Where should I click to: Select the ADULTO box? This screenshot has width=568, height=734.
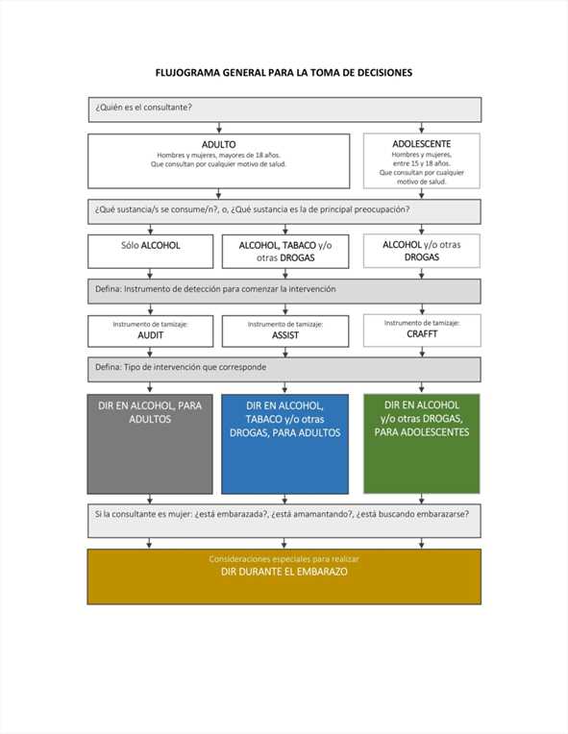(219, 161)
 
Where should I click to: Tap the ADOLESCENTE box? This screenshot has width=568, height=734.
(421, 160)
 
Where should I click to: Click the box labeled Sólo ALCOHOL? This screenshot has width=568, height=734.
(150, 252)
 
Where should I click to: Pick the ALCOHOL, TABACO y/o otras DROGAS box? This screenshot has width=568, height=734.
(285, 252)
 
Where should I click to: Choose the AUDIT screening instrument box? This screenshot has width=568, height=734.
(150, 330)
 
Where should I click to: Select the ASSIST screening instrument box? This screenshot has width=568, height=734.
(285, 330)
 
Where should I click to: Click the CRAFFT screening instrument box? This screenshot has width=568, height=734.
(422, 330)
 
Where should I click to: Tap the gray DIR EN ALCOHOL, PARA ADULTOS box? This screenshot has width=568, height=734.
(150, 444)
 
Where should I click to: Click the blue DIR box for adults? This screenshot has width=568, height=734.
(284, 444)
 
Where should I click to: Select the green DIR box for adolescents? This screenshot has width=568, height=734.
(421, 443)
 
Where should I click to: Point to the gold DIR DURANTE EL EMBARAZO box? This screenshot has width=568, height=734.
(284, 576)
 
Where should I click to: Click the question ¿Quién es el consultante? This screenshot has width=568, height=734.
(144, 108)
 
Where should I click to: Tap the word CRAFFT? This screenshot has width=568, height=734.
(422, 333)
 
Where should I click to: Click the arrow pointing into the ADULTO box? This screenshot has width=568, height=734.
(219, 128)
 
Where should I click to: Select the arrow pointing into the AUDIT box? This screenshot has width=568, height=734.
(150, 309)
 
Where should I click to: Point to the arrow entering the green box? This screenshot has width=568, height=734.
(421, 387)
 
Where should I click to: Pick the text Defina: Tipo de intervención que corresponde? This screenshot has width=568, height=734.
(181, 367)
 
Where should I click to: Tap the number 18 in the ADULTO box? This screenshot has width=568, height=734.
(259, 155)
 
